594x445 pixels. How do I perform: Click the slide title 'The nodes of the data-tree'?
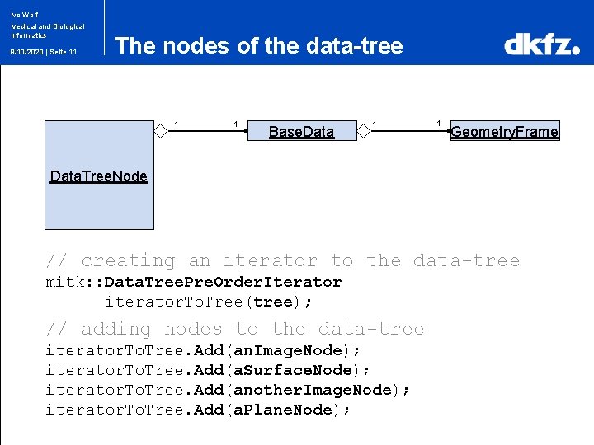point(259,46)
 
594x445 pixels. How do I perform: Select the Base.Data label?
point(302,132)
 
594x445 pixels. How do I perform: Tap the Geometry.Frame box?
point(504,131)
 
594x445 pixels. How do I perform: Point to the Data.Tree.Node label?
point(99,176)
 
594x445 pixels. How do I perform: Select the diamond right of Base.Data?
point(363,129)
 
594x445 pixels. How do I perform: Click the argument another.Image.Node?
point(316,390)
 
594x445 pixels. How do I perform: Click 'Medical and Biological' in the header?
point(48,26)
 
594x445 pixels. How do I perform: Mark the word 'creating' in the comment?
point(128,261)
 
